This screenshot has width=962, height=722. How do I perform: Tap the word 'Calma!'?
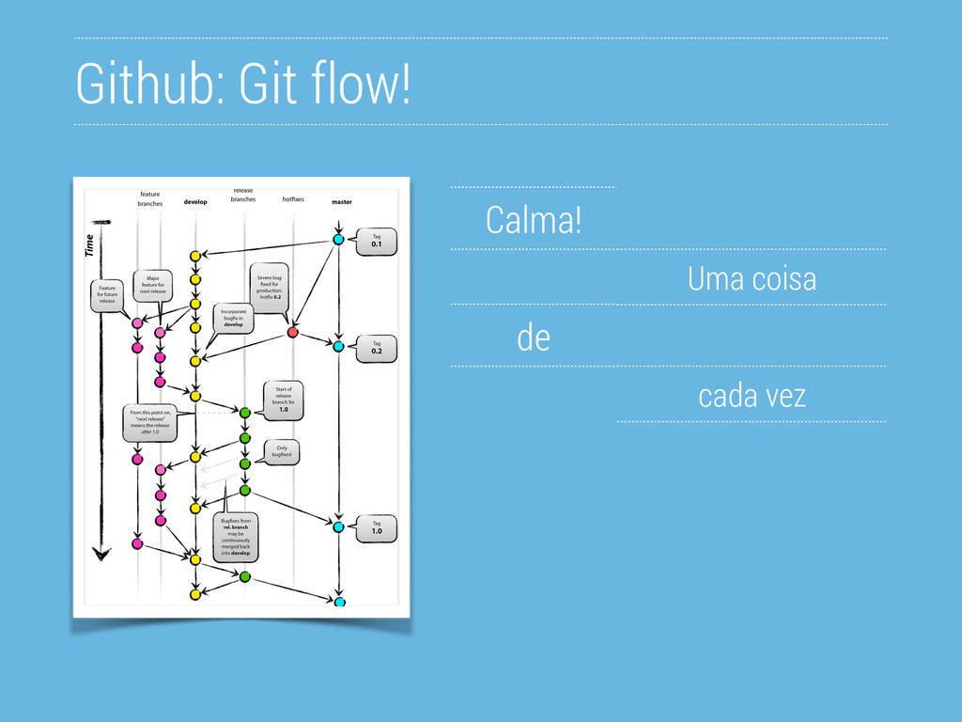tap(534, 221)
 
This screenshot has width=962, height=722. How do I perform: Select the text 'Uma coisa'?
tap(752, 279)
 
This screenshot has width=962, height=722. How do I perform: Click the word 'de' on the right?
tap(534, 337)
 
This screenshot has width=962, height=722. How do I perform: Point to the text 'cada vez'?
tap(752, 396)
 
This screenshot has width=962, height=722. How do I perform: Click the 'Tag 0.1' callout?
tap(376, 243)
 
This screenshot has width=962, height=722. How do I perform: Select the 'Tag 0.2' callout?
tap(376, 349)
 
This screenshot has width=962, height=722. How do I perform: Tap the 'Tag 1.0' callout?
tap(376, 528)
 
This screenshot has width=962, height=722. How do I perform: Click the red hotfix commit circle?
tap(292, 333)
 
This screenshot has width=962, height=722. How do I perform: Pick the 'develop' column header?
tap(195, 202)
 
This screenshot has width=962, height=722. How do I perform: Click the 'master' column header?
tap(342, 202)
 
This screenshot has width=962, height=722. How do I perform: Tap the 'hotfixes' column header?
tap(293, 199)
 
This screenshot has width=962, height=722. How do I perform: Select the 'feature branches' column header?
tap(149, 198)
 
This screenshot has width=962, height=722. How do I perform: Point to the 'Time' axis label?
tap(90, 246)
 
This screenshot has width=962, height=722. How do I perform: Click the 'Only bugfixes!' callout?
tap(282, 451)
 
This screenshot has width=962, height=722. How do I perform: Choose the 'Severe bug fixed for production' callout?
tap(271, 285)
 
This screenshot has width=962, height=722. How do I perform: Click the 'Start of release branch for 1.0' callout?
tap(283, 400)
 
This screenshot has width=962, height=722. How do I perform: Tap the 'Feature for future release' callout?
tap(107, 294)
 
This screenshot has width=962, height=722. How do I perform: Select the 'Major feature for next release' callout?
tap(152, 285)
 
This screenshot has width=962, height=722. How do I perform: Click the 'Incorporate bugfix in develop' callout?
tap(233, 317)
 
